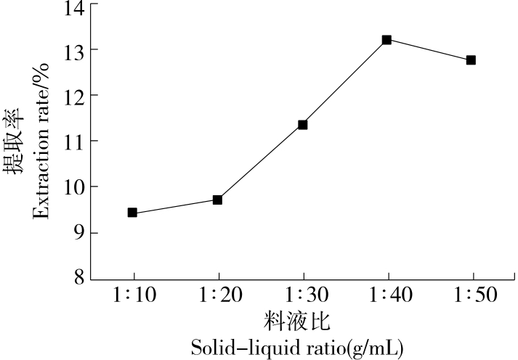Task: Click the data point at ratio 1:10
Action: [132, 213]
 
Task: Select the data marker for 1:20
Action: [217, 200]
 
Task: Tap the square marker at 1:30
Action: [302, 125]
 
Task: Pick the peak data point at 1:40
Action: [387, 40]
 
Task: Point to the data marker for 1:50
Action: [471, 60]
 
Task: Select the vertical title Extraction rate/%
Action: [39, 142]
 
